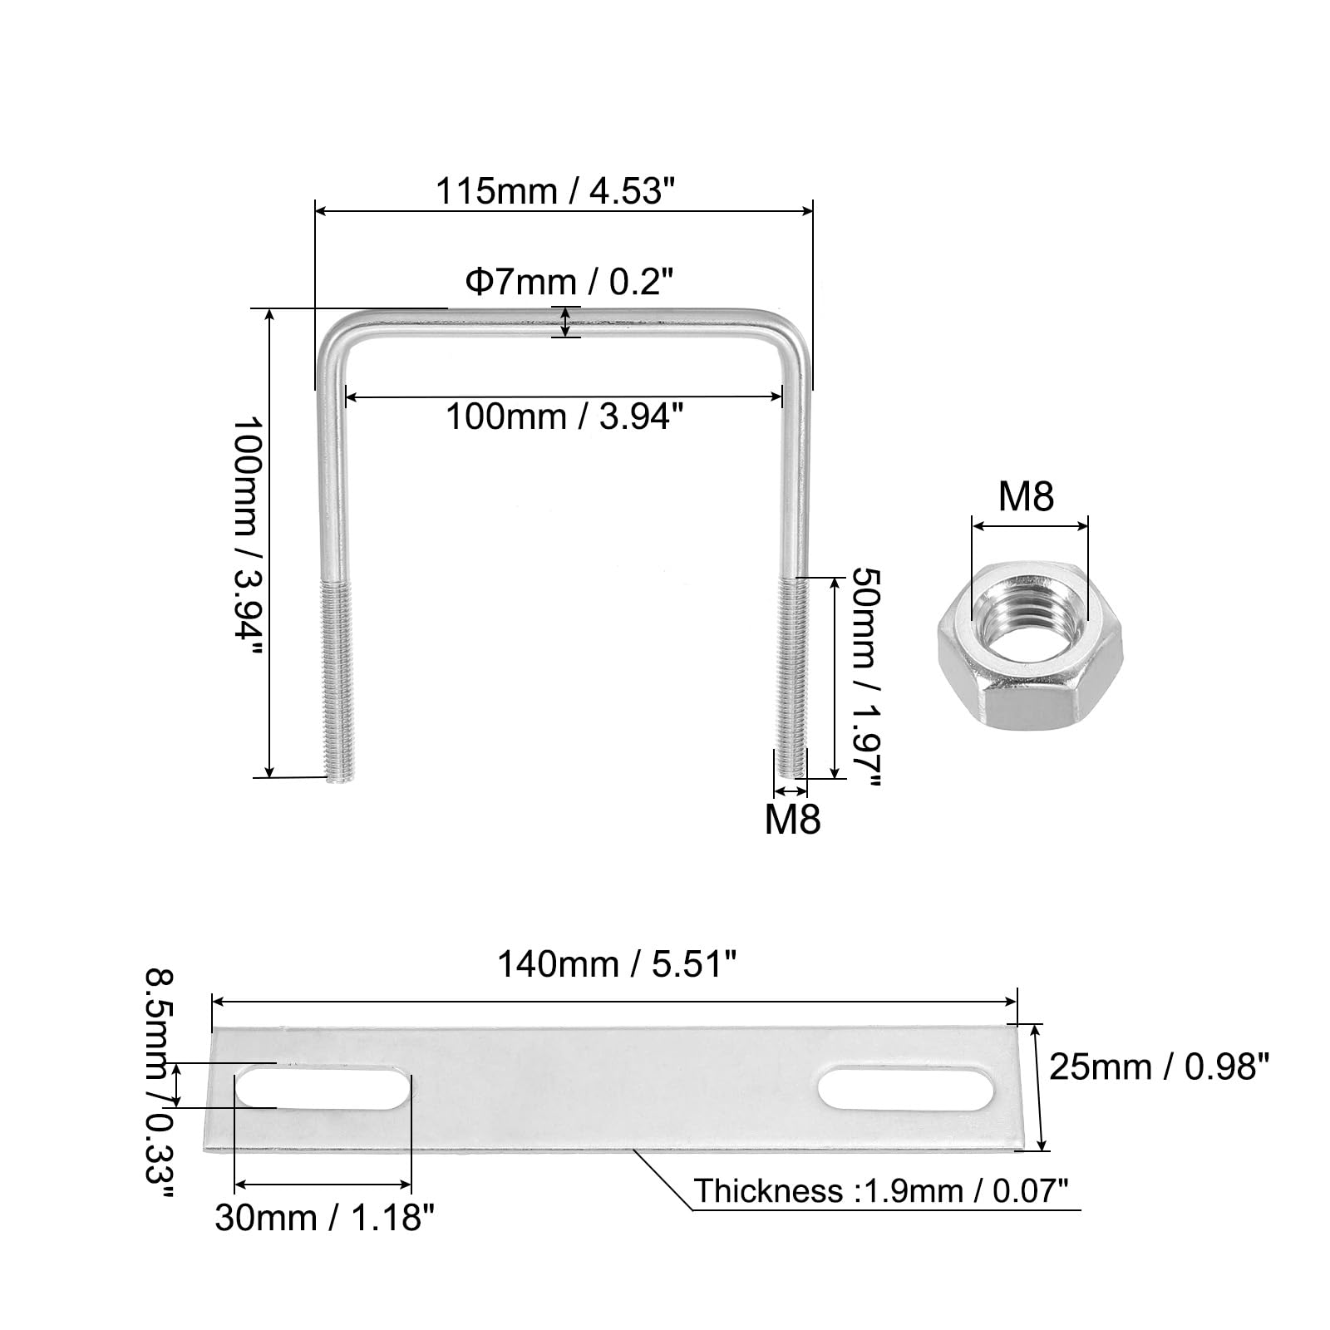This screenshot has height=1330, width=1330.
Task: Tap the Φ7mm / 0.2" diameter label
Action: [x=568, y=283]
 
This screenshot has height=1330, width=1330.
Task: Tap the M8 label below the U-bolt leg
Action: [x=792, y=820]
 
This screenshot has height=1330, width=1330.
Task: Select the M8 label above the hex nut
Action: [x=1026, y=497]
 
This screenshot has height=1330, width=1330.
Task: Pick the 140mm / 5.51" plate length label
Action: [x=617, y=965]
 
